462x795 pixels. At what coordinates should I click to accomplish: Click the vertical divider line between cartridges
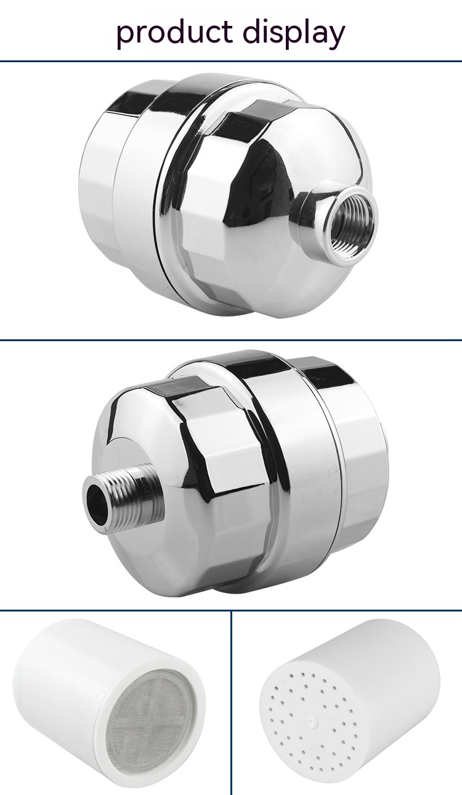231,702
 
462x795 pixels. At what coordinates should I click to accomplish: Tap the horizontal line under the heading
231,61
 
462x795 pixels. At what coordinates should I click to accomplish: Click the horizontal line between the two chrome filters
231,340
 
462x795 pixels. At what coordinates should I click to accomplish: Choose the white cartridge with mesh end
111,702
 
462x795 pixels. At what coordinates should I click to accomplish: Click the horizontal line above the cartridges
231,611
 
